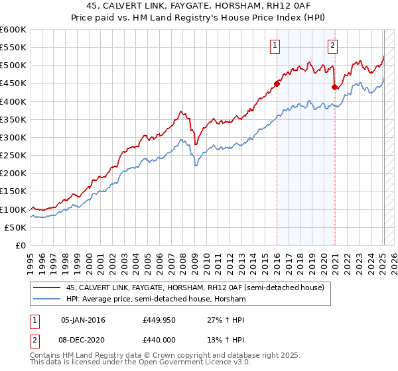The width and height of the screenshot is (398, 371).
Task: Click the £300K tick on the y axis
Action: pos(14,137)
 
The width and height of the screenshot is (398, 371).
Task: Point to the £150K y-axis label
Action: pos(14,191)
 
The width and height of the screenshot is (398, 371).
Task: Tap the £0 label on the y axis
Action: pos(20,245)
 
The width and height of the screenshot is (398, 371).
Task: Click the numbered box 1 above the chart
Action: pos(275,46)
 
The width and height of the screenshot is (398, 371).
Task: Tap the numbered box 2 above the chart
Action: pos(332,46)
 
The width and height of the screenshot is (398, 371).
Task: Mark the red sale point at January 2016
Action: pos(277,83)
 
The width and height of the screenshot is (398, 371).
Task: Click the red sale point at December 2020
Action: pos(334,87)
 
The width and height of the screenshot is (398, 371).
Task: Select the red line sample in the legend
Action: pos(47,288)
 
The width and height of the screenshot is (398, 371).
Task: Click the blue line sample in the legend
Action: pos(47,299)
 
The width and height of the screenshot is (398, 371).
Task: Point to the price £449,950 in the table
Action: pos(158,320)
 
